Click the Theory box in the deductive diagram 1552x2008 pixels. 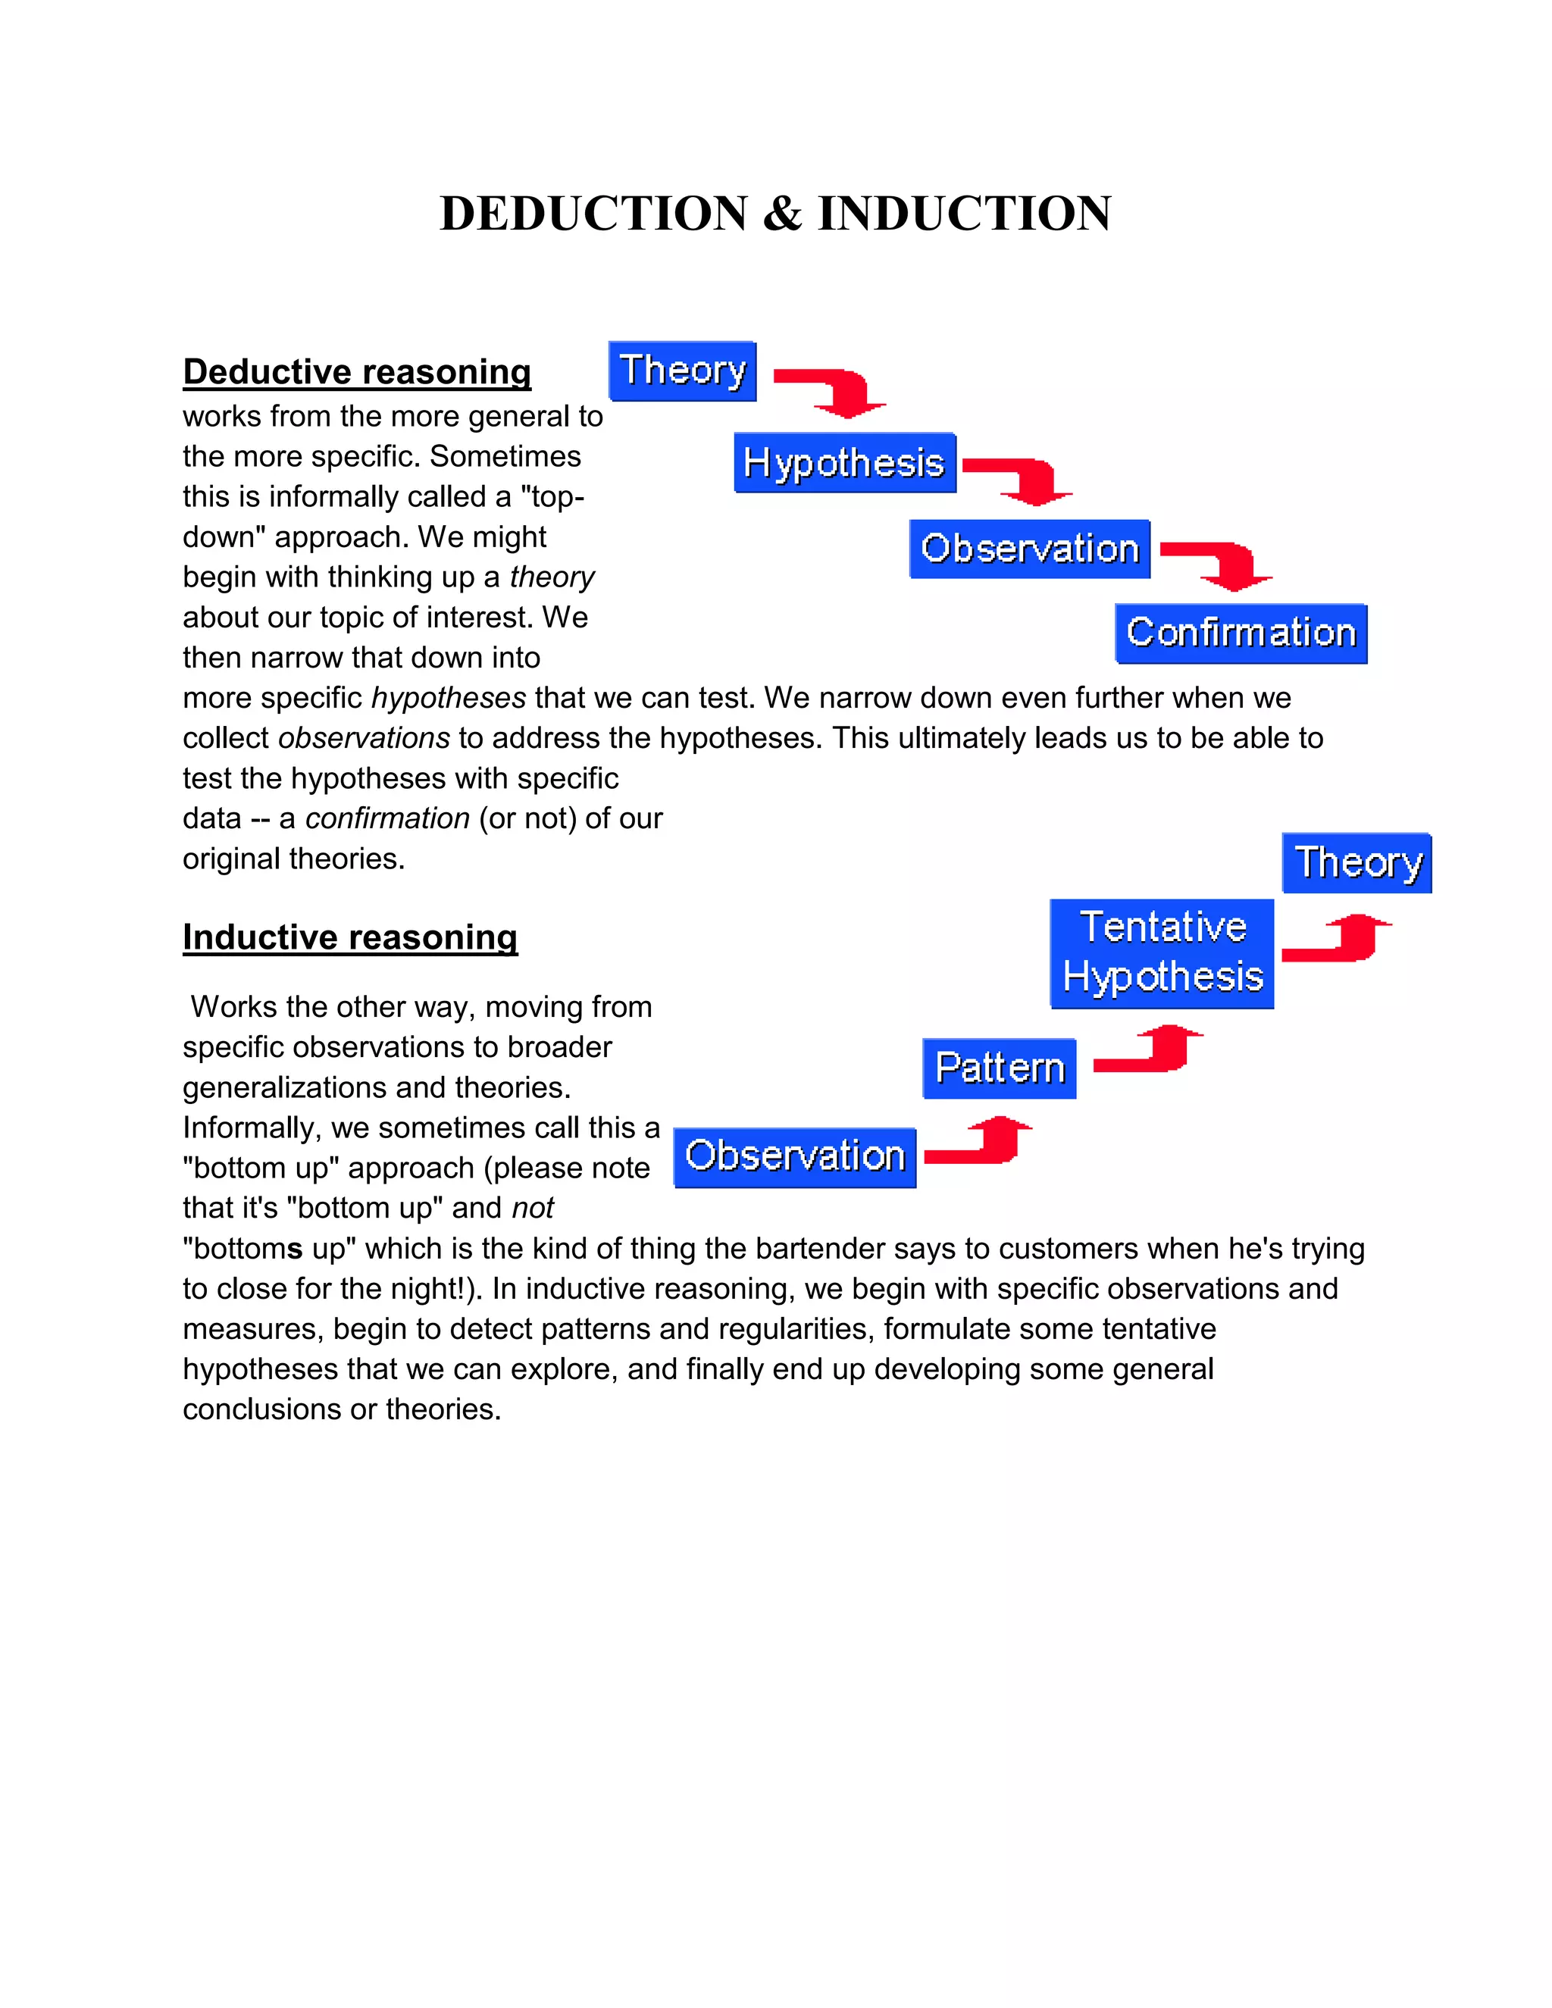click(682, 371)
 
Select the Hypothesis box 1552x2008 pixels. click(844, 462)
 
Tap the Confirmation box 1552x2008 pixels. click(1241, 633)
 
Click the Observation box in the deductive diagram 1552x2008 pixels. click(1029, 549)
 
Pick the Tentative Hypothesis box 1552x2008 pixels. click(1162, 952)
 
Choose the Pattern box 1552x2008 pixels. click(999, 1068)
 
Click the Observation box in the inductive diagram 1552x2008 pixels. click(794, 1156)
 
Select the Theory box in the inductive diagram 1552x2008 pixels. click(1356, 862)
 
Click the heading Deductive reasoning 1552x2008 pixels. click(357, 371)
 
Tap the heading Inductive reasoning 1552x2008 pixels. click(349, 937)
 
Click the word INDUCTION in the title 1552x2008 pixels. click(965, 214)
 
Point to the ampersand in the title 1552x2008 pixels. click(781, 214)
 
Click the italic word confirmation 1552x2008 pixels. click(387, 818)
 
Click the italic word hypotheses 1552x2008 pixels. click(449, 698)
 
